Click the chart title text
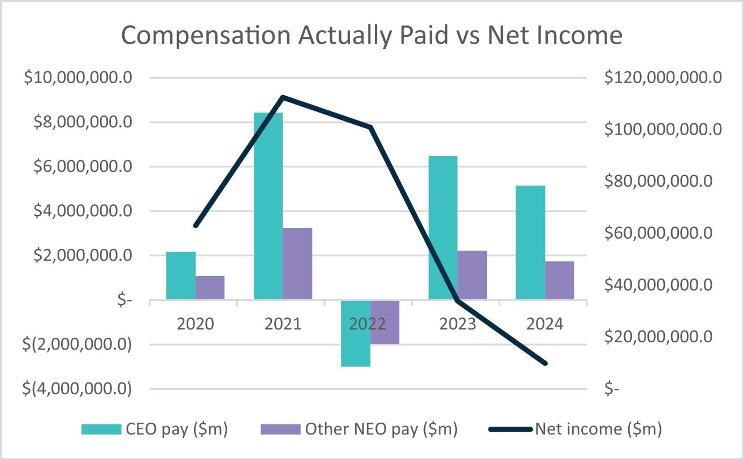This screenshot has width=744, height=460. (371, 36)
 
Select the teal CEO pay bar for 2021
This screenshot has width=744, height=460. (268, 207)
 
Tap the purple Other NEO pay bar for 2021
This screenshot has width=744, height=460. (297, 264)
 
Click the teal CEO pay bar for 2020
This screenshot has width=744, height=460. (181, 276)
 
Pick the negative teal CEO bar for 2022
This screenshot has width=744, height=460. (356, 334)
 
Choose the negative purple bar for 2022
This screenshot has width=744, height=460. (385, 323)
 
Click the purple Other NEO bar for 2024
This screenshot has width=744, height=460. (560, 280)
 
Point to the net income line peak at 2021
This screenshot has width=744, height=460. (283, 97)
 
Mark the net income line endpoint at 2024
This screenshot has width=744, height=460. (545, 363)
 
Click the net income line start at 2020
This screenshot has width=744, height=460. (196, 226)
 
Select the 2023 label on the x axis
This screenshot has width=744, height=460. (457, 324)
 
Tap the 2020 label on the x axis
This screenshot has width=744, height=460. (195, 324)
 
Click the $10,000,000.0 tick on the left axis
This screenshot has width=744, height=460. (77, 78)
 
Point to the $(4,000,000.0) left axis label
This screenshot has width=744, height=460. (77, 389)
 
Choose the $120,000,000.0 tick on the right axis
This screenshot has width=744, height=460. (663, 78)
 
